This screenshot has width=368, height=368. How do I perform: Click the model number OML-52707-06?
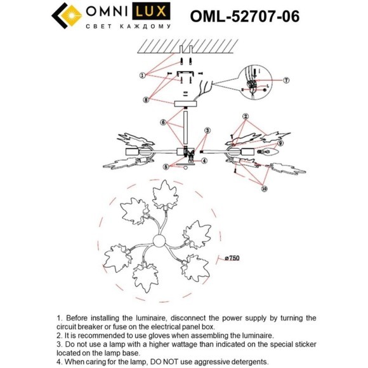pos(245,15)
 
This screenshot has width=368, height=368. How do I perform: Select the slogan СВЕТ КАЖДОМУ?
pos(128,27)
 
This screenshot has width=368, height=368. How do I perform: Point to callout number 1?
pos(143,75)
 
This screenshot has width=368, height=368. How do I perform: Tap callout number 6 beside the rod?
pos(163,122)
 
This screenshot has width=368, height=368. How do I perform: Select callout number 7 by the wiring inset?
pos(286,81)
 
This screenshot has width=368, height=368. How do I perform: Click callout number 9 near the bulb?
pos(280,143)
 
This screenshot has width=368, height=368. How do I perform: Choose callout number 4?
pos(205,161)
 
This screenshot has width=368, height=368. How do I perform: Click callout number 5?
pos(166,167)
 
